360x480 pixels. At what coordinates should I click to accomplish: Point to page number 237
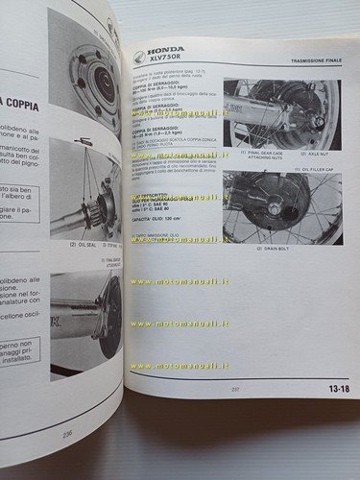click(x=234, y=389)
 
